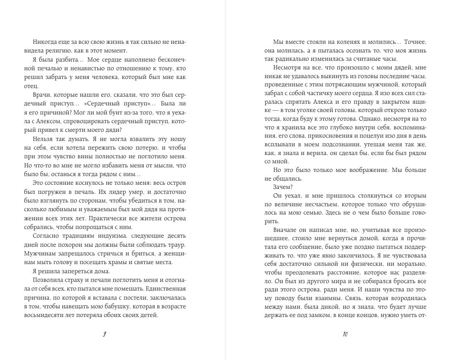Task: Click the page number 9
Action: (x=104, y=334)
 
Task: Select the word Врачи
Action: (x=41, y=95)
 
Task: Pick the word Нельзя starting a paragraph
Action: (x=41, y=140)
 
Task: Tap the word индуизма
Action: (x=113, y=236)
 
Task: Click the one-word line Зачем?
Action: (x=282, y=187)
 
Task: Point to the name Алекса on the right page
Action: (x=321, y=102)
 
